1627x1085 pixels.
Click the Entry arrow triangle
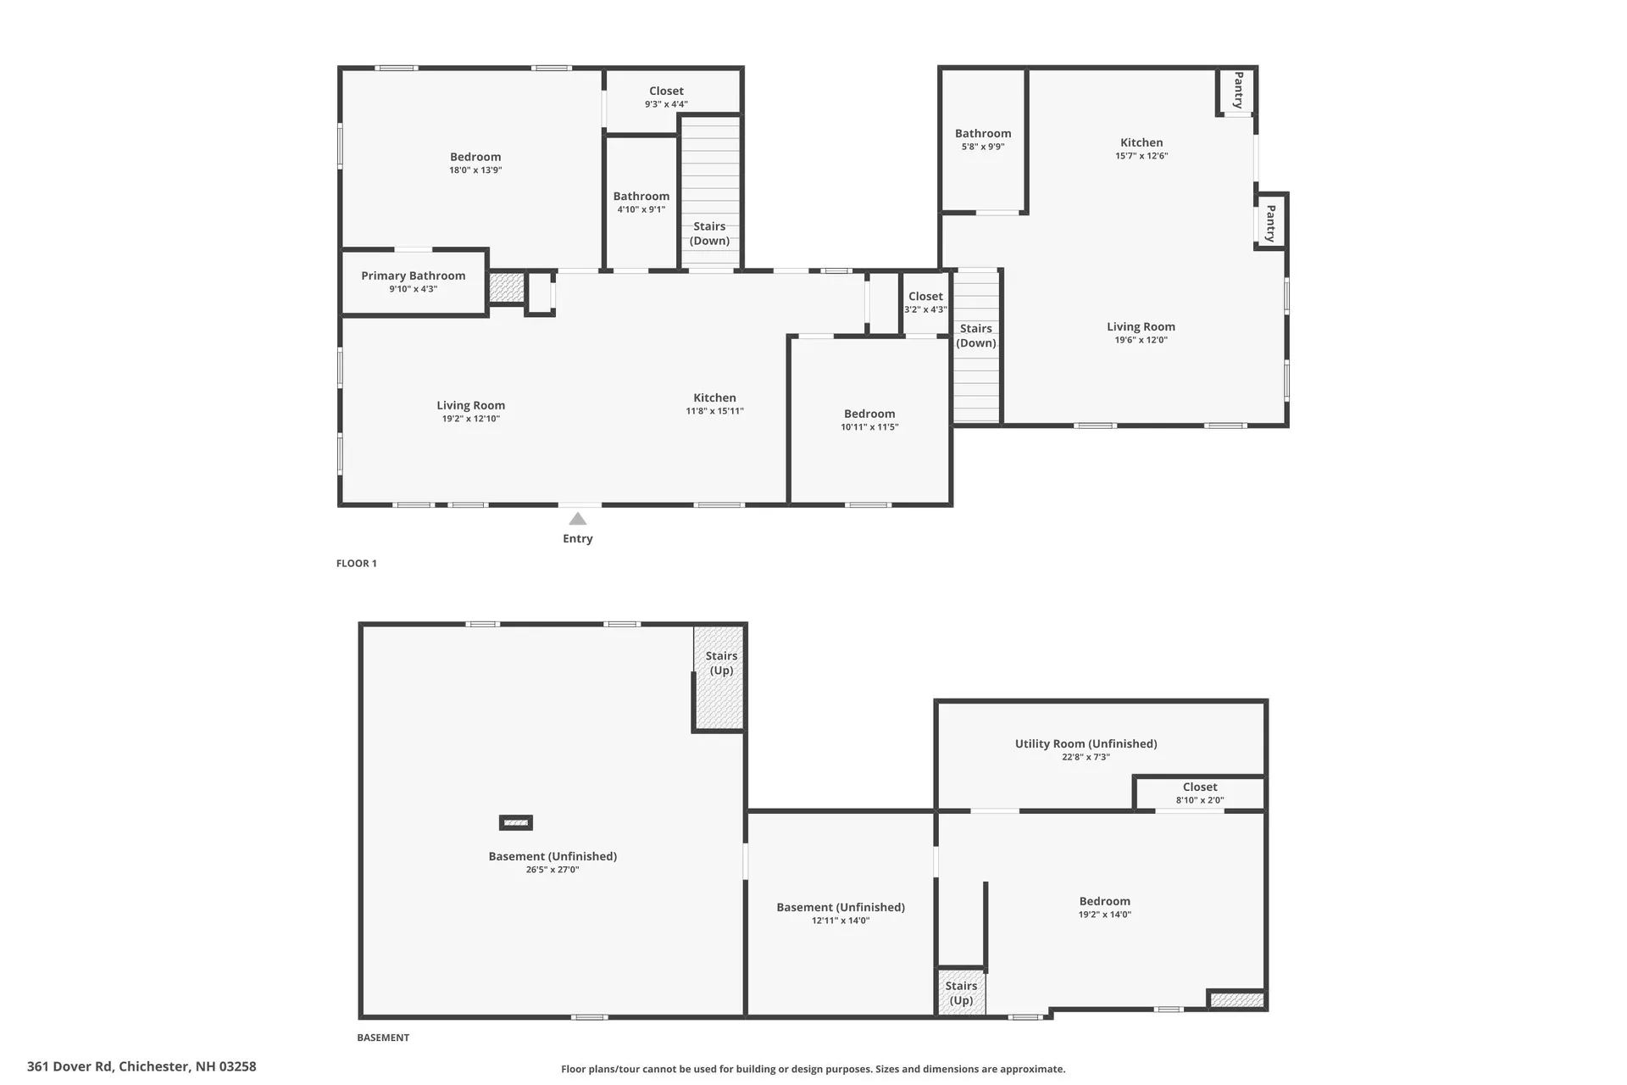pos(577,519)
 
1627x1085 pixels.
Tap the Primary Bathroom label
pos(413,275)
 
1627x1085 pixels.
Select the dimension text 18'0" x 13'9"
pos(475,170)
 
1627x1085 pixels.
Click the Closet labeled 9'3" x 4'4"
pos(666,97)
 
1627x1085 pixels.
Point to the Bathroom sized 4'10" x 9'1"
pos(641,202)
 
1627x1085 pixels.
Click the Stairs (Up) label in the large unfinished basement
pos(721,663)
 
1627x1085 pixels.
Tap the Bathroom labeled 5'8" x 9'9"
pos(983,139)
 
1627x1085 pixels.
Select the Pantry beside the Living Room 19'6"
pos(1270,223)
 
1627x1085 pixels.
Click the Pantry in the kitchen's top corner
pos(1238,90)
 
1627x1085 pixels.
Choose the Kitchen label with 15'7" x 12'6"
pos(1141,142)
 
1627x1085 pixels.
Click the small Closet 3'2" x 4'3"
pos(925,302)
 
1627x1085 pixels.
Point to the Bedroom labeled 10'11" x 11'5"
pos(869,420)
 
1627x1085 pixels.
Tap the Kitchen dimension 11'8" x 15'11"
pos(714,411)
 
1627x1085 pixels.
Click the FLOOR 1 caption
pos(356,563)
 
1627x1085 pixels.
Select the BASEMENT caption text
pos(383,1038)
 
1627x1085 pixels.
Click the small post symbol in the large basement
pos(515,822)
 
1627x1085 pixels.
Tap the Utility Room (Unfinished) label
pos(1086,743)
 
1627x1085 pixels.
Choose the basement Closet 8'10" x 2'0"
pos(1199,793)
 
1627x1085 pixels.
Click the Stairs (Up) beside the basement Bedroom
pos(961,993)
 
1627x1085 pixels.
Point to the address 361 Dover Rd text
pos(142,1066)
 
